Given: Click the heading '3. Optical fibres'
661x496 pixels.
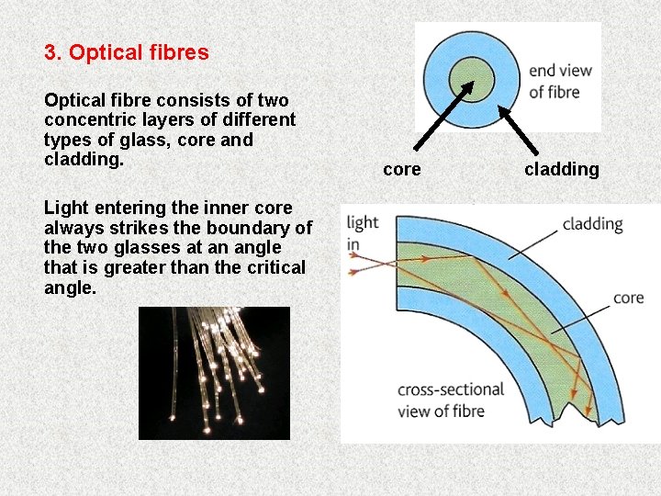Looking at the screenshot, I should point(127,52).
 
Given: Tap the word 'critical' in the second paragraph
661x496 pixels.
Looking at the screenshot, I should point(274,267).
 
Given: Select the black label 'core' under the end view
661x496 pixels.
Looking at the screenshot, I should point(401,169).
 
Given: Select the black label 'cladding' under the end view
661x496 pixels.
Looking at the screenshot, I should point(561,169).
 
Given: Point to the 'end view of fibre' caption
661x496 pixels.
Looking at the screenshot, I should point(560,81).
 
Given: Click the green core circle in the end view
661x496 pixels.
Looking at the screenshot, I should point(472,75).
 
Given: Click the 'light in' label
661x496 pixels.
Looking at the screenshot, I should point(362,233).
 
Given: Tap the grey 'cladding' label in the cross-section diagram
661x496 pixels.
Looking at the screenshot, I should point(592,223).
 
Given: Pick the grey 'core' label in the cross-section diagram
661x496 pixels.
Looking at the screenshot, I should point(628,298).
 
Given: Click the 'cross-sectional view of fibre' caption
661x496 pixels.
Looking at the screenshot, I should point(450,400).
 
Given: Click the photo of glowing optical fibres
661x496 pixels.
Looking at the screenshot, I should point(214,373).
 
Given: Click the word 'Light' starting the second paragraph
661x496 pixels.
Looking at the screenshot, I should point(64,208).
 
